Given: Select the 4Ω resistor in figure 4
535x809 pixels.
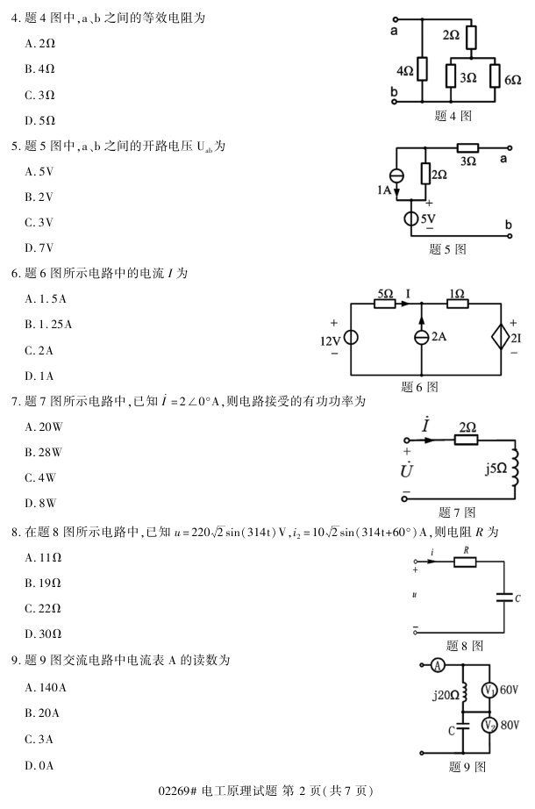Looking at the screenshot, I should tap(423, 68).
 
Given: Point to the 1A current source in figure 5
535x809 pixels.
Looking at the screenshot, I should tap(396, 175).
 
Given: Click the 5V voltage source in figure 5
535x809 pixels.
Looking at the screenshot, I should tap(412, 218).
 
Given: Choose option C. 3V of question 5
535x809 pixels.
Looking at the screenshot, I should tap(40, 222).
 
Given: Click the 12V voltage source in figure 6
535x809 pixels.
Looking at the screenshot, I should tap(350, 338).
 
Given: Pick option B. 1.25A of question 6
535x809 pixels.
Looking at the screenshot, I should tap(49, 325).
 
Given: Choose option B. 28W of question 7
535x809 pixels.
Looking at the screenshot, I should tap(44, 453).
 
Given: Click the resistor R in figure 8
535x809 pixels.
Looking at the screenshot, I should tap(464, 562).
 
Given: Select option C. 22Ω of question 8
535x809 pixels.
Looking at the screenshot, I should tap(44, 607).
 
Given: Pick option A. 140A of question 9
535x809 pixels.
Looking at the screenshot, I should tap(47, 687).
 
